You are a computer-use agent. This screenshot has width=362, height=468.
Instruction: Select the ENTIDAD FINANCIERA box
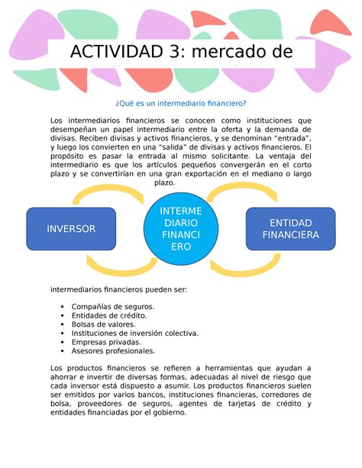pos(290,228)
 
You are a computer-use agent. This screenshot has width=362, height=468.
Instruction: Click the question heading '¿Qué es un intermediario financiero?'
pos(181,104)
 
